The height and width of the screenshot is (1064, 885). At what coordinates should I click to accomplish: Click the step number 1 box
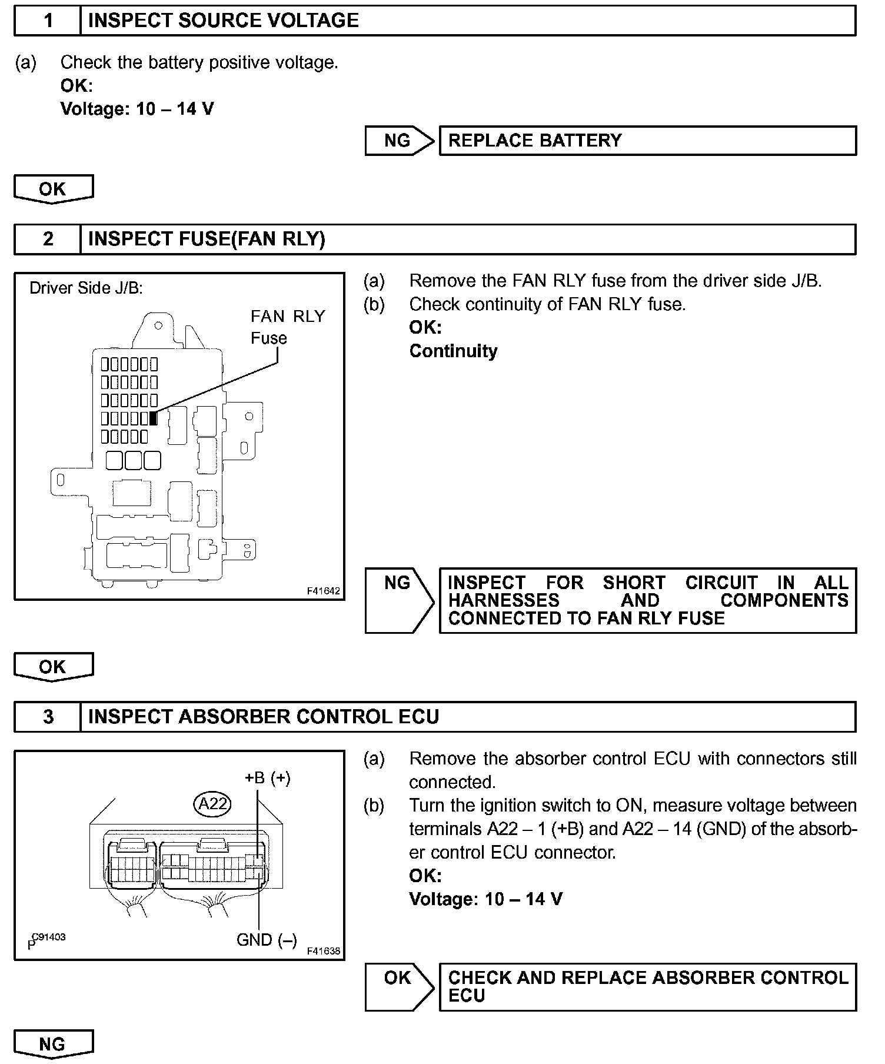(x=48, y=21)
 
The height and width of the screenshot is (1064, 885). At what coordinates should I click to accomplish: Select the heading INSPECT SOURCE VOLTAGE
(x=223, y=21)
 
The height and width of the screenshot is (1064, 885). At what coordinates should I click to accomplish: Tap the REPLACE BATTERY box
(x=647, y=141)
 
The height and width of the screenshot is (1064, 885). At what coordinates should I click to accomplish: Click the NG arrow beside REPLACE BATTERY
(x=398, y=141)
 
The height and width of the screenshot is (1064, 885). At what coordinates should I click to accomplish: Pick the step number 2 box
(x=48, y=240)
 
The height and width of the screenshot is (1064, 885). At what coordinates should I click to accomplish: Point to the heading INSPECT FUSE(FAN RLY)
(x=207, y=240)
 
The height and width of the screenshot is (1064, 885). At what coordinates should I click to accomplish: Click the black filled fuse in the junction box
(x=154, y=418)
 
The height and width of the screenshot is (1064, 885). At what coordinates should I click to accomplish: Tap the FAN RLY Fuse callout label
(x=287, y=327)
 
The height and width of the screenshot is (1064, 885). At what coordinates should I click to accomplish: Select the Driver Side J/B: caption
(x=86, y=288)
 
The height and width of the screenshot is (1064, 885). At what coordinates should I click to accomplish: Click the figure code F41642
(x=323, y=591)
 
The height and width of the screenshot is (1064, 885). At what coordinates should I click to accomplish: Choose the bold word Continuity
(x=453, y=351)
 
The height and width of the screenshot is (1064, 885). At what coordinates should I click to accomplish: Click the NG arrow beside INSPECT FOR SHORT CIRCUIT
(x=398, y=600)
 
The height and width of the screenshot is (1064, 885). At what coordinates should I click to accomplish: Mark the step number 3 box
(x=48, y=717)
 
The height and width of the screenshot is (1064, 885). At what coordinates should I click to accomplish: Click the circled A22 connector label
(x=212, y=803)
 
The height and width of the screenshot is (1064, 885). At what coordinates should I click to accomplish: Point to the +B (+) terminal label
(x=268, y=778)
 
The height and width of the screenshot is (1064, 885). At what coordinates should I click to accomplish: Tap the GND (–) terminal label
(x=267, y=940)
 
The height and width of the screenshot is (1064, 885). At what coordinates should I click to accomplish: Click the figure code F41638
(x=323, y=951)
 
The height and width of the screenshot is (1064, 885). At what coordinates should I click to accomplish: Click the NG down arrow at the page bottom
(x=53, y=1044)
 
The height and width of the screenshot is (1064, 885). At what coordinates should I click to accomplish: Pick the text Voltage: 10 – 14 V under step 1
(x=137, y=109)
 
